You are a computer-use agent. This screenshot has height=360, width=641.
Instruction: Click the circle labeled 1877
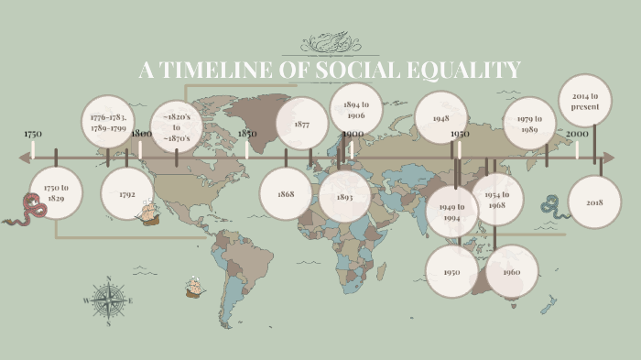[302, 125]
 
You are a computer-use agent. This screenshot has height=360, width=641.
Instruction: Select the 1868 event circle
[286, 194]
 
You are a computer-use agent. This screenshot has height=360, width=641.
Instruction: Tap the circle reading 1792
[126, 194]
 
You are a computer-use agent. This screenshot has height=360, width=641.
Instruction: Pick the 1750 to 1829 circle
[56, 192]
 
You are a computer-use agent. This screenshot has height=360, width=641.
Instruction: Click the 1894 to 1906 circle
[356, 110]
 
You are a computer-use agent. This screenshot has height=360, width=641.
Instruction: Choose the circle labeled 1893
[345, 197]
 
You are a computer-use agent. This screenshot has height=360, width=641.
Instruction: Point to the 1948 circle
[441, 118]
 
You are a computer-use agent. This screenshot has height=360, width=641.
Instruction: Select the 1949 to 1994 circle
[452, 212]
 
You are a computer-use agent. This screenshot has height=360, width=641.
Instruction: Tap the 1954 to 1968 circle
[496, 200]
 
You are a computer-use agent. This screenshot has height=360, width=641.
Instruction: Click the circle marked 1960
[512, 272]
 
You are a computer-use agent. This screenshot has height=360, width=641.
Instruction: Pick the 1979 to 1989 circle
[529, 124]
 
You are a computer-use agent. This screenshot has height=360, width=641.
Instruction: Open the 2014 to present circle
[585, 101]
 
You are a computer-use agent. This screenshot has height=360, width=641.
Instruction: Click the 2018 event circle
[594, 202]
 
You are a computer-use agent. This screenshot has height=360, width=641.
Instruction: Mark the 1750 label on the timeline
[33, 134]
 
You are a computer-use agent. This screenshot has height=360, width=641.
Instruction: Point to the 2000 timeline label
[577, 134]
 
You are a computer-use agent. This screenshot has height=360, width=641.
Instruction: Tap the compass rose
[108, 300]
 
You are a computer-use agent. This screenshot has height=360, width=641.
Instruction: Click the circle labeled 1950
[451, 272]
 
